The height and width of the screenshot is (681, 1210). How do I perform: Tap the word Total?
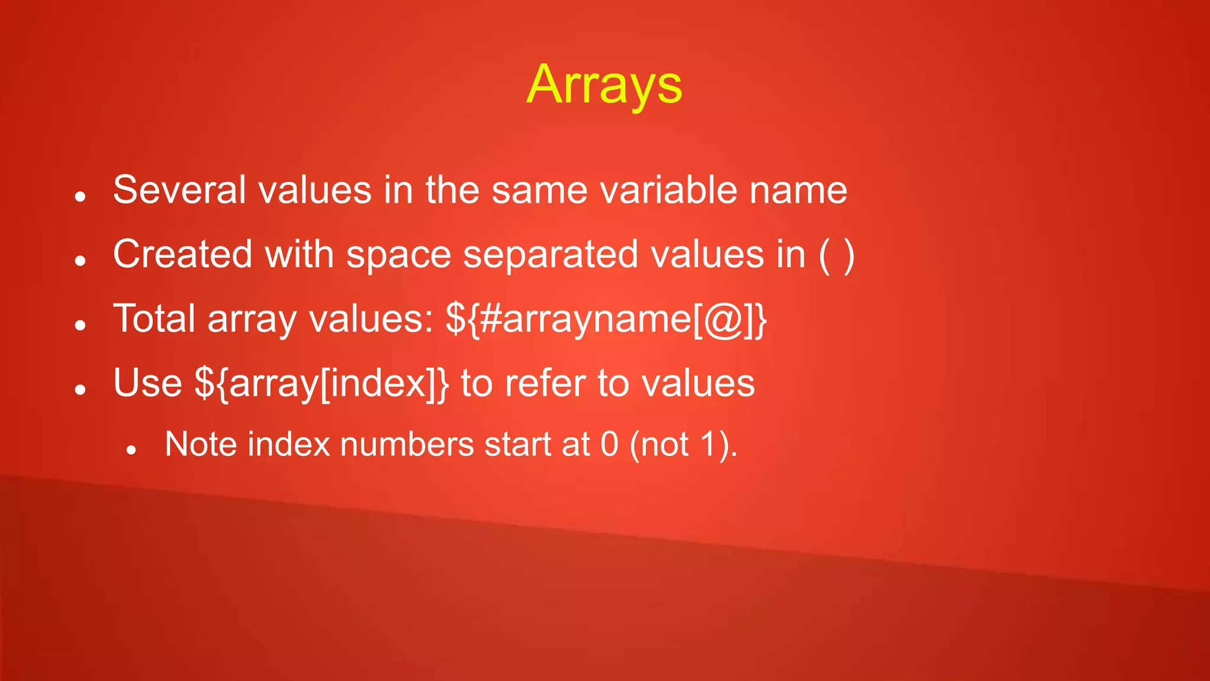coord(154,318)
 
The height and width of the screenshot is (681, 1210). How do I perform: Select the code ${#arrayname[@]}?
coord(606,319)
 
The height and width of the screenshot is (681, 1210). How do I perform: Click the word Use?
coord(148,382)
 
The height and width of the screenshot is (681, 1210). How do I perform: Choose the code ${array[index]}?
coord(322,384)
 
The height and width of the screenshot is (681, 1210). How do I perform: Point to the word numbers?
coord(407,444)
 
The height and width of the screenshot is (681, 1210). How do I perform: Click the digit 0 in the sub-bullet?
coord(609,444)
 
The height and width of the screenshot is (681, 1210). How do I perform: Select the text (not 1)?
coord(684,444)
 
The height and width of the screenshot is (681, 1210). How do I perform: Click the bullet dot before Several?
coord(81,196)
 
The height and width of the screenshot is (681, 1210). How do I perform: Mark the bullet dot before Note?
coord(132,450)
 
